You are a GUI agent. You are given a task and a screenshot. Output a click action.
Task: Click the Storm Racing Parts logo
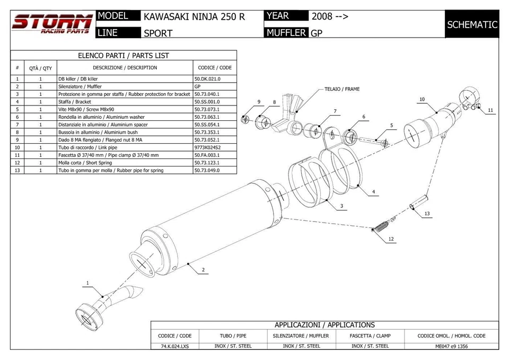tap(51, 24)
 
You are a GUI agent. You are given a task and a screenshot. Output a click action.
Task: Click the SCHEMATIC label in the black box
tap(472, 24)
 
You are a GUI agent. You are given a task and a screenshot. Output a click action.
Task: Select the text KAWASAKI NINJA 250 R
tap(194, 16)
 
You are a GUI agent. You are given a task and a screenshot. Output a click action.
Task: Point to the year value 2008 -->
tap(330, 16)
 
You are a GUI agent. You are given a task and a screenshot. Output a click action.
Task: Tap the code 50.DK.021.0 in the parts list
tap(207, 78)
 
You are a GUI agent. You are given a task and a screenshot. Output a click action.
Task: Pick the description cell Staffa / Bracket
tap(75, 101)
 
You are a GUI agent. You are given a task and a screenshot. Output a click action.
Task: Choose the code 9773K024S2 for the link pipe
tap(207, 147)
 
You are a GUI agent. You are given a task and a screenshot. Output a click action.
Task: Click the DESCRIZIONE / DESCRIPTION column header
tap(125, 67)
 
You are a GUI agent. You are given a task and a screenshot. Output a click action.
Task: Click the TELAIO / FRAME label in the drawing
tap(342, 89)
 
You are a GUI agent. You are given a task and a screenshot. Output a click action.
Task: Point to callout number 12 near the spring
tap(391, 239)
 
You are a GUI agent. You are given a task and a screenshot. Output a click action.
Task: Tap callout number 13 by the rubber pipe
tap(427, 213)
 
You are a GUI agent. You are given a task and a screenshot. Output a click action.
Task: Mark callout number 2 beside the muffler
tap(203, 270)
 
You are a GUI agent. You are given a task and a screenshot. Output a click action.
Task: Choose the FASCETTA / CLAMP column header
tap(370, 336)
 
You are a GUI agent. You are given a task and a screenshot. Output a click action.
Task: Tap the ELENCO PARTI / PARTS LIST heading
tap(124, 55)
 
